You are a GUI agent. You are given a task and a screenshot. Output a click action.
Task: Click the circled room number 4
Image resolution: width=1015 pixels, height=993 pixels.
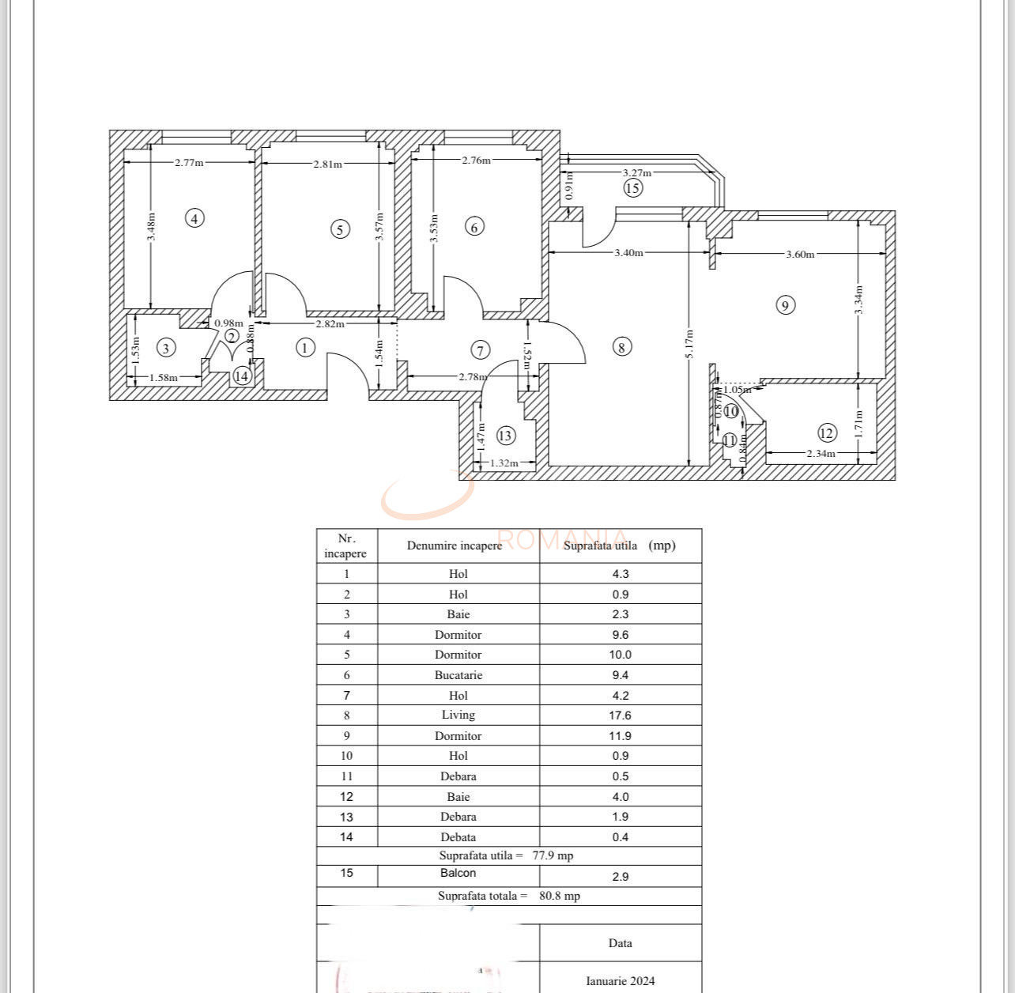194,218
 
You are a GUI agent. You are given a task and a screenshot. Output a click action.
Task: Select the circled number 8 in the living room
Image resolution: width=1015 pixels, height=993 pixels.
622,347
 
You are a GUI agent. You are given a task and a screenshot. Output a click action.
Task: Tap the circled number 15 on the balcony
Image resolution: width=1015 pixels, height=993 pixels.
632,188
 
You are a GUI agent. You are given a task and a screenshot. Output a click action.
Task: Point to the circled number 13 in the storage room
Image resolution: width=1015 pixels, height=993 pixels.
505,436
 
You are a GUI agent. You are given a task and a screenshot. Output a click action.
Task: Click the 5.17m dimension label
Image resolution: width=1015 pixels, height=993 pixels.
689,344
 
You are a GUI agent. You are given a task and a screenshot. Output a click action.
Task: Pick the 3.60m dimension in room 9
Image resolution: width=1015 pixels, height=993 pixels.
799,254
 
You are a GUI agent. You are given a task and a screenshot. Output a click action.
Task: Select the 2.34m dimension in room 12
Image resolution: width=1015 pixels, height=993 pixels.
821,454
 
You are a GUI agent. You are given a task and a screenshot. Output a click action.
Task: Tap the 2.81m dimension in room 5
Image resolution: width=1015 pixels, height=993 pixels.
327,164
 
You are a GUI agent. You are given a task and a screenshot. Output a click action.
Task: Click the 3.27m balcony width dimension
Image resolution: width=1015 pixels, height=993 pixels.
636,172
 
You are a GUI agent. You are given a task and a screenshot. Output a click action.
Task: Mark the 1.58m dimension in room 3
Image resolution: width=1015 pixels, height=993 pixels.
164,378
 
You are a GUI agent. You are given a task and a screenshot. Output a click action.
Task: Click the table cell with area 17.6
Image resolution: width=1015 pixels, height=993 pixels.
621,715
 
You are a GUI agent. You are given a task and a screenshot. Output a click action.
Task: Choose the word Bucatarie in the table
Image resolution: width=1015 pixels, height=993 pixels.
458,675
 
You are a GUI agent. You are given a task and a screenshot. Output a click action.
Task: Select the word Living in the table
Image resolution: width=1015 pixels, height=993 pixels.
458,715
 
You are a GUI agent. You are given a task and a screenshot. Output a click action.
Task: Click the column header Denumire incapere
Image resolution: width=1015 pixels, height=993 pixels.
455,546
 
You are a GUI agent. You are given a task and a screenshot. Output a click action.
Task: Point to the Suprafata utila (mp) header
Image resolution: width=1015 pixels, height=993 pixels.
620,546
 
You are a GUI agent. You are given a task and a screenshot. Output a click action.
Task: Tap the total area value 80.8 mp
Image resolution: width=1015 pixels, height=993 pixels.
560,896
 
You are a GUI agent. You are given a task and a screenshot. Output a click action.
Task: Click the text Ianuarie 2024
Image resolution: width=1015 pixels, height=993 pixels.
621,981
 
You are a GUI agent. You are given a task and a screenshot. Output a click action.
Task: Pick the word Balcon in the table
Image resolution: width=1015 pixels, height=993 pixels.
458,873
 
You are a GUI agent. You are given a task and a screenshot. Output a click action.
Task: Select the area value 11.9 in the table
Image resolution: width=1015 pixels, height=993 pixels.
621,735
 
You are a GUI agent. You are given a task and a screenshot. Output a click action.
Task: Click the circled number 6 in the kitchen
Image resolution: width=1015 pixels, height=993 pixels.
474,228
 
